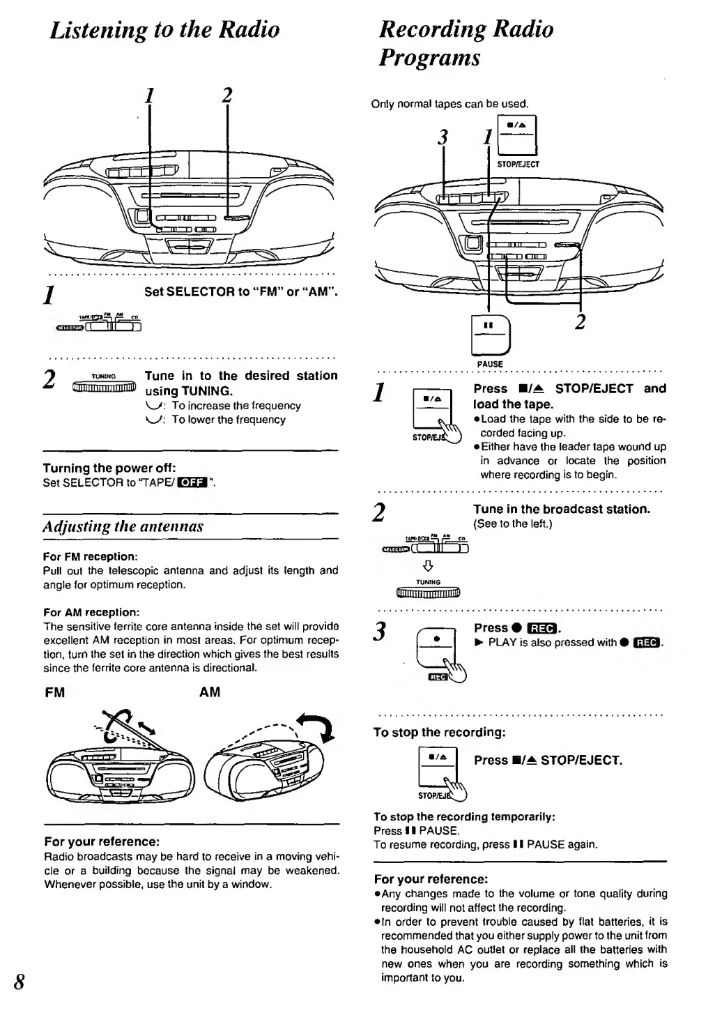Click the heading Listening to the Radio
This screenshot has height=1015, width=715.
[164, 29]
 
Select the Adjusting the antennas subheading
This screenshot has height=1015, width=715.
[123, 526]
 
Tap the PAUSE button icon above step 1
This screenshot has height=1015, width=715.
[490, 335]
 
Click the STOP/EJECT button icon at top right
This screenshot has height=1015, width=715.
[517, 136]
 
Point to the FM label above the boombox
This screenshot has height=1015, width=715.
[54, 692]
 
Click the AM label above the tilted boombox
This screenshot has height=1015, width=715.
[209, 692]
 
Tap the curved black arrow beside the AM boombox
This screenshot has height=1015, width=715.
[315, 727]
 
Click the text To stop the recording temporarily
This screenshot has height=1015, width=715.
[464, 816]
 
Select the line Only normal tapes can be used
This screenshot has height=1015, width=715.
[449, 105]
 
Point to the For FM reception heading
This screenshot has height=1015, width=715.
[90, 556]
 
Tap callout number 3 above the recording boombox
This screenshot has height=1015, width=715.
[441, 137]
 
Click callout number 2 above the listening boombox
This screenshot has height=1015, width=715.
[226, 96]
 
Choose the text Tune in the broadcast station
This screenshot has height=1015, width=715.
[562, 509]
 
